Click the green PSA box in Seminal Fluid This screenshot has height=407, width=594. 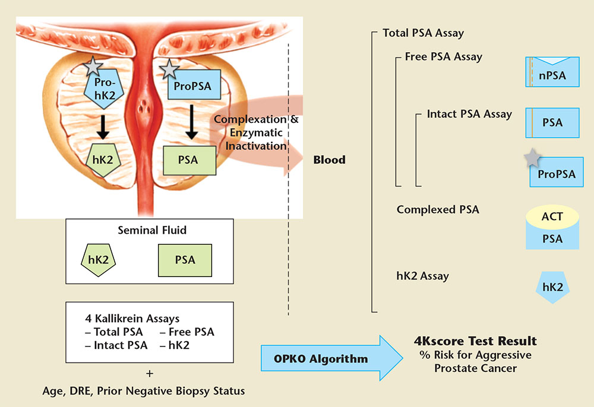(x=185, y=260)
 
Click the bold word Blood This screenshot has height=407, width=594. (x=329, y=160)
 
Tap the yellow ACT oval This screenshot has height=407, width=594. (x=552, y=218)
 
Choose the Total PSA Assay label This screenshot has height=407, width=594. (x=423, y=33)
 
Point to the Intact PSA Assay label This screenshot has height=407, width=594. (x=469, y=113)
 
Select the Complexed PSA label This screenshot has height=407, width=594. (x=438, y=209)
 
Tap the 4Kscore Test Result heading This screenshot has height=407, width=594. (x=475, y=341)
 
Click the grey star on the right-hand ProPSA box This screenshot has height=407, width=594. (x=533, y=158)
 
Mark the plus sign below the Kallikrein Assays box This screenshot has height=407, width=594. (x=149, y=374)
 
